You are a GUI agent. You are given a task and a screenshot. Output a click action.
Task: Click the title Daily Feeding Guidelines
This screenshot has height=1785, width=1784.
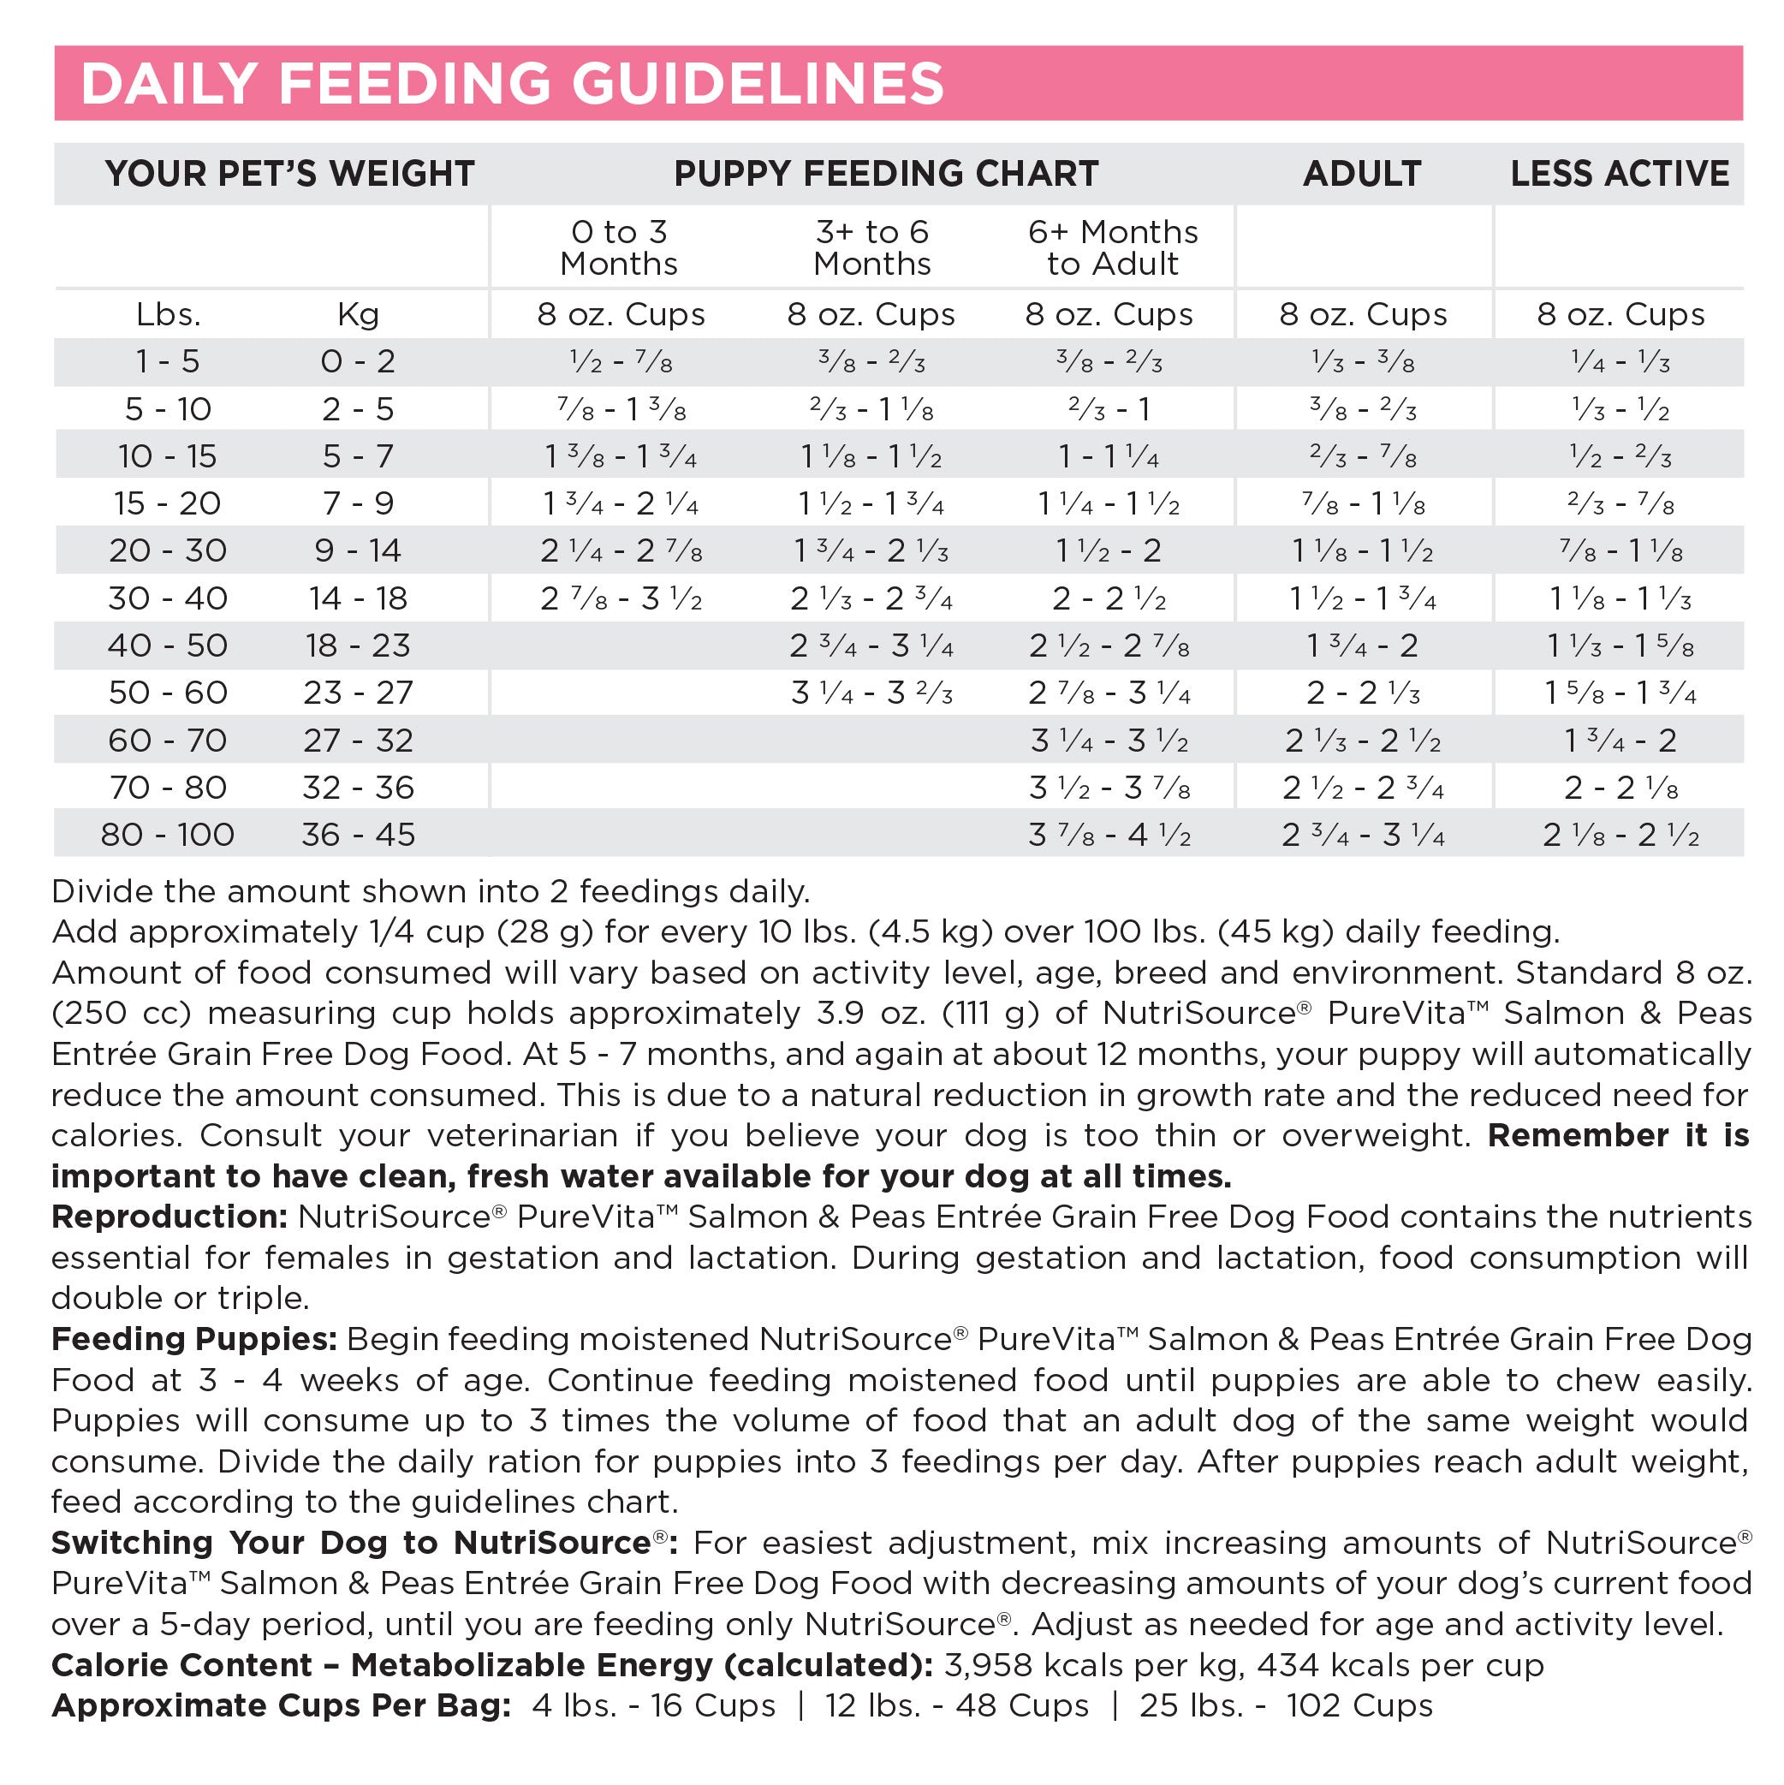(x=512, y=83)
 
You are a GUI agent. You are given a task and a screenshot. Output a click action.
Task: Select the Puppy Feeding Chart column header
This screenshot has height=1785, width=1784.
(x=886, y=174)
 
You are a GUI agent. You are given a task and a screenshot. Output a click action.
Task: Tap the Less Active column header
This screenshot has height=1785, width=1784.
(x=1619, y=174)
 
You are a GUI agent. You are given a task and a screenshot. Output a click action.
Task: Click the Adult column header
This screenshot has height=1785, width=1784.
(x=1362, y=174)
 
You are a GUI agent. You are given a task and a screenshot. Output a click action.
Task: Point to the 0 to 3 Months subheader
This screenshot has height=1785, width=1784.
(x=618, y=247)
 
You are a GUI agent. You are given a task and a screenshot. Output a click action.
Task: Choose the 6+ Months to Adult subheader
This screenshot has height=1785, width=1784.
(x=1112, y=247)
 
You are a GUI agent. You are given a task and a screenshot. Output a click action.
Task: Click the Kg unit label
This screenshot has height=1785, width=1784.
(x=358, y=315)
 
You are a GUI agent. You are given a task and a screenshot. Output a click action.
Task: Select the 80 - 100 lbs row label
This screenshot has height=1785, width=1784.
(x=167, y=836)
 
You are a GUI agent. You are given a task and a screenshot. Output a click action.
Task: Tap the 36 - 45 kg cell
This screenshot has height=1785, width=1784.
(x=358, y=836)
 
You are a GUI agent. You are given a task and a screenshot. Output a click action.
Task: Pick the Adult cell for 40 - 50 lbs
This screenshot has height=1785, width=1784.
(x=1362, y=646)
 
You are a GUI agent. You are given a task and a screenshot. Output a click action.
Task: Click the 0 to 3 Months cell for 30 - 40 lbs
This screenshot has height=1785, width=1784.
(x=621, y=598)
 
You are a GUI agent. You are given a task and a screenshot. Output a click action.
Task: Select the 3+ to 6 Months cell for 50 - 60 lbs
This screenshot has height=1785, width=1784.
(x=871, y=693)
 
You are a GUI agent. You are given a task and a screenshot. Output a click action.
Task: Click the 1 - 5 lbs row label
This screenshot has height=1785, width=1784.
(x=167, y=361)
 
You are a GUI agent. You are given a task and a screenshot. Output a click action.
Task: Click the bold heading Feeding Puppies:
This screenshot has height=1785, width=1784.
(x=194, y=1339)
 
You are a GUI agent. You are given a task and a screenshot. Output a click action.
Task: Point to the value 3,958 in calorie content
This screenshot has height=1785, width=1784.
(x=988, y=1665)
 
